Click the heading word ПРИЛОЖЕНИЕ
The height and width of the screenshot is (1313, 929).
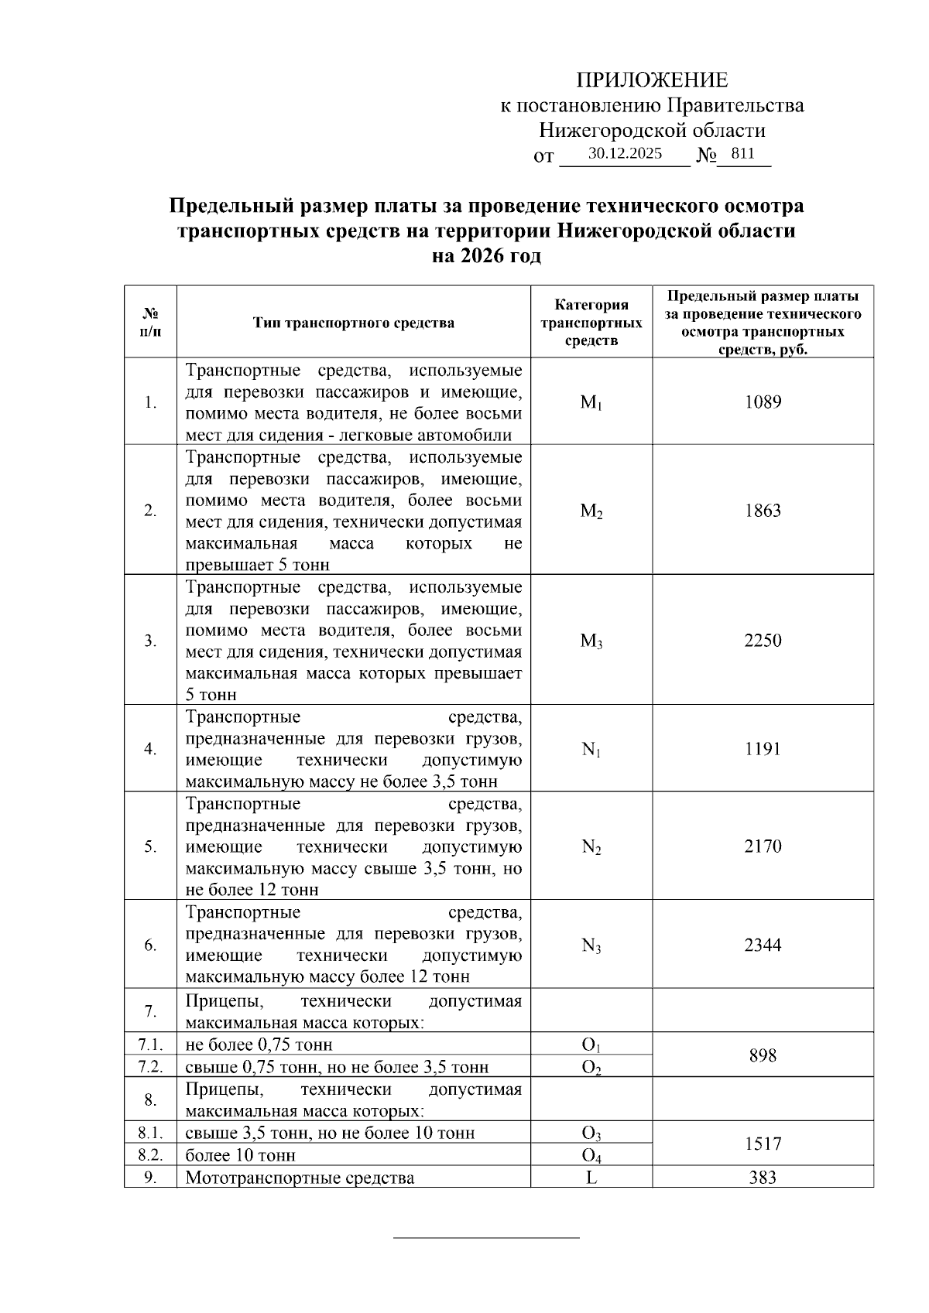tap(652, 80)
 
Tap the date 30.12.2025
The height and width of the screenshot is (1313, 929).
tap(625, 153)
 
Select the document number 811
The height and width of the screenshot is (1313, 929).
tap(742, 153)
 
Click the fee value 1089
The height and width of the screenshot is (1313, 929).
tap(763, 402)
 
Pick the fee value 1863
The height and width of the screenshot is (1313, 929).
tap(763, 511)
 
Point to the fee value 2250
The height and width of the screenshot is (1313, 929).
tap(763, 641)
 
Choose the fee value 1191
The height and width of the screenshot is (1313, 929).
tap(763, 749)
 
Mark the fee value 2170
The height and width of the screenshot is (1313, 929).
tap(763, 846)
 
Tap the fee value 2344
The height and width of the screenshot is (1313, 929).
tap(763, 945)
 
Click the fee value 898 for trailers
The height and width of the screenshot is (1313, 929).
tap(763, 1056)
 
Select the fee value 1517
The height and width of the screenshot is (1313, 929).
tap(763, 1144)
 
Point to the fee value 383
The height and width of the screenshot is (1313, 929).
tap(763, 1178)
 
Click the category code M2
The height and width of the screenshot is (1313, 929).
tap(591, 511)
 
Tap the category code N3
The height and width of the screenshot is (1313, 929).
tap(591, 945)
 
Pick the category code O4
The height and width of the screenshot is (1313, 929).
tap(591, 1156)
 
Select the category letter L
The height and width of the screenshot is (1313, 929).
tap(591, 1178)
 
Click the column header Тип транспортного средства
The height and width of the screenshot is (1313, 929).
tap(354, 323)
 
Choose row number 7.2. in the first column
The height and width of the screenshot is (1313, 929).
tap(150, 1067)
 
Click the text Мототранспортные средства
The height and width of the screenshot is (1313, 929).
tap(300, 1178)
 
